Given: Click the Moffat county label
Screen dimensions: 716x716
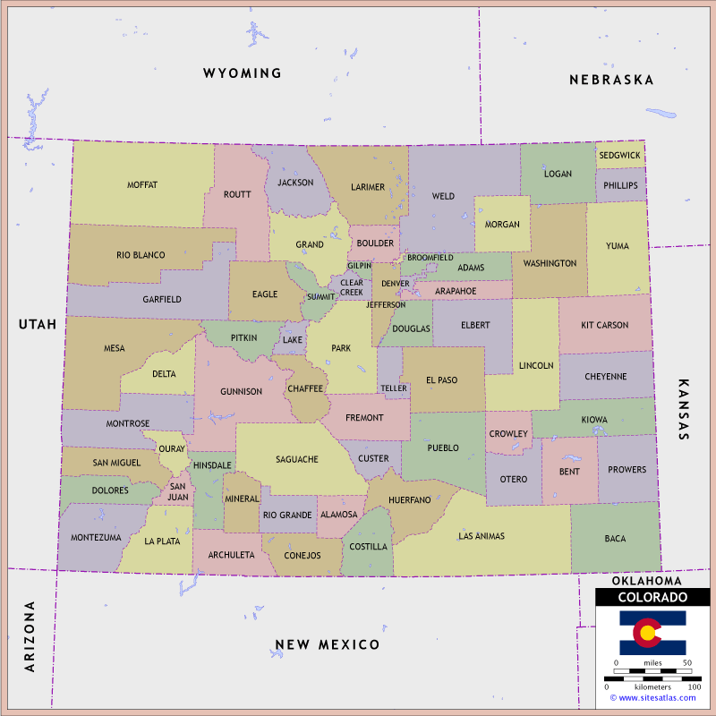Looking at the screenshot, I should click(x=142, y=185).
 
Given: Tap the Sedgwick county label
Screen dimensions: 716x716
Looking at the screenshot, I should click(x=620, y=155).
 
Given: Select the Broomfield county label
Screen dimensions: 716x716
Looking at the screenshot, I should click(x=430, y=258).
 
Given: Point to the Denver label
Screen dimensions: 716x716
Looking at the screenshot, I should click(x=395, y=283).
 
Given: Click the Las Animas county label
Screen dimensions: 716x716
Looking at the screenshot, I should click(x=482, y=536).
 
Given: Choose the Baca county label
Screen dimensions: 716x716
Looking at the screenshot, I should click(x=615, y=539).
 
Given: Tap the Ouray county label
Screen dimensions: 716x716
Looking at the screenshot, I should click(x=172, y=449).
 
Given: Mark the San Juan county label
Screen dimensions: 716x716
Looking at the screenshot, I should click(x=177, y=491).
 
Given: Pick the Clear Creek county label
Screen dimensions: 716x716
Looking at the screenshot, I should click(x=352, y=287).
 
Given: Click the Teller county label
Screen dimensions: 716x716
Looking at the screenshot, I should click(x=394, y=388).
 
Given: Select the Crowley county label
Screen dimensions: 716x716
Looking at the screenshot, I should click(x=508, y=433).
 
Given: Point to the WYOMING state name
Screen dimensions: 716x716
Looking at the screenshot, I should click(x=242, y=73).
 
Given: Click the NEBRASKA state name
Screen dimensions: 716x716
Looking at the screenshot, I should click(x=611, y=80).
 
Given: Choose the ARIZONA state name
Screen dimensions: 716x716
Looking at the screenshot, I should click(x=30, y=636).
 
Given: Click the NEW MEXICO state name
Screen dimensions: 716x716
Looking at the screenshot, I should click(x=327, y=644).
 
